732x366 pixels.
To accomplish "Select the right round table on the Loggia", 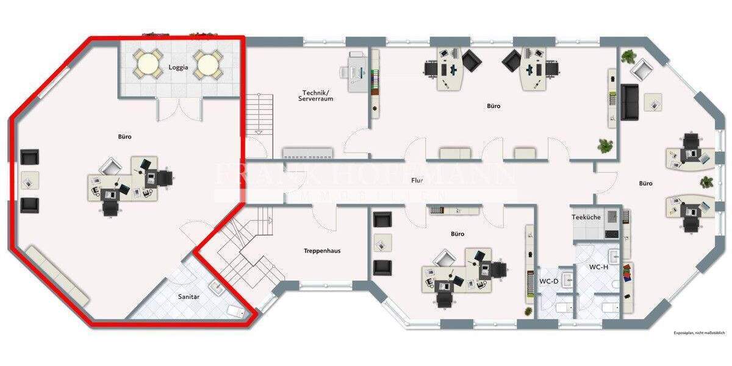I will click(208, 63).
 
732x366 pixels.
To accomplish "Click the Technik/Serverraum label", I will click(316, 95).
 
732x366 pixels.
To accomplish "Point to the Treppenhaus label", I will click(322, 251).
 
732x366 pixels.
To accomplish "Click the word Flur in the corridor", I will click(417, 181).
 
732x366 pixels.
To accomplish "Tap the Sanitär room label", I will click(188, 296).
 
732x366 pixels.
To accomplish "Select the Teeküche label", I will click(586, 217).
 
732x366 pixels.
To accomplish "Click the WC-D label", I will click(549, 281).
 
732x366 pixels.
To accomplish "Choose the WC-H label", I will click(598, 267).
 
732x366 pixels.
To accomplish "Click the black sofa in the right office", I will click(629, 102).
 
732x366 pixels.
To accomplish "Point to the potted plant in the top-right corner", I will click(629, 57).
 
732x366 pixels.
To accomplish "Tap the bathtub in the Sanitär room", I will click(238, 311).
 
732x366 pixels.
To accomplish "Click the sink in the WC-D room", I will click(567, 280).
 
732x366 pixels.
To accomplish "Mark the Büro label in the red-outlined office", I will click(124, 137).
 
